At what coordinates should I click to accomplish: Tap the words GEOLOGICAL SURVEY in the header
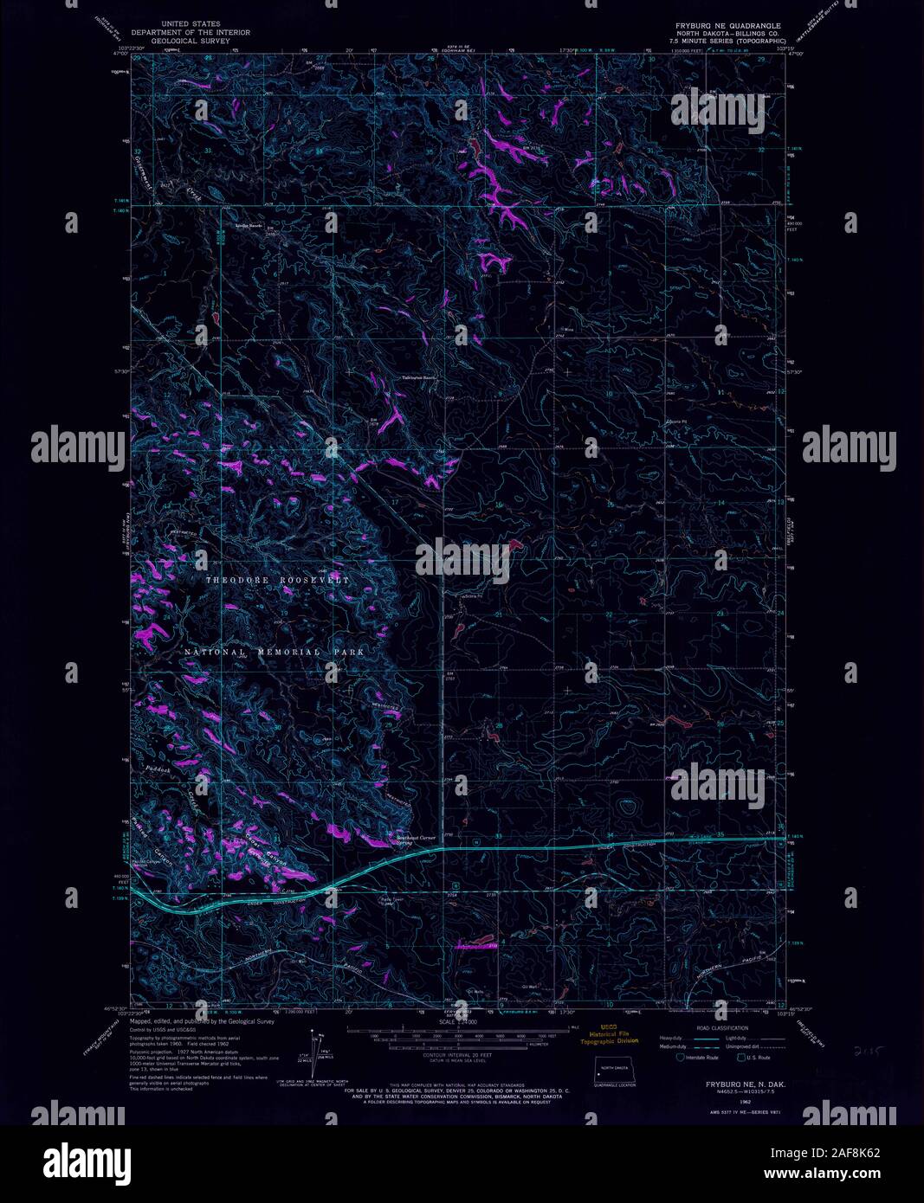[x=200, y=40]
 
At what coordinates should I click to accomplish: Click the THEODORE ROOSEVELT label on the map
[x=277, y=580]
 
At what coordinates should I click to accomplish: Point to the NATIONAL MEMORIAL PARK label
[x=274, y=652]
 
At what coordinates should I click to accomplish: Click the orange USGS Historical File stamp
[x=614, y=1036]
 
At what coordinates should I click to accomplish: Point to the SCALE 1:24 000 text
[x=461, y=1022]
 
